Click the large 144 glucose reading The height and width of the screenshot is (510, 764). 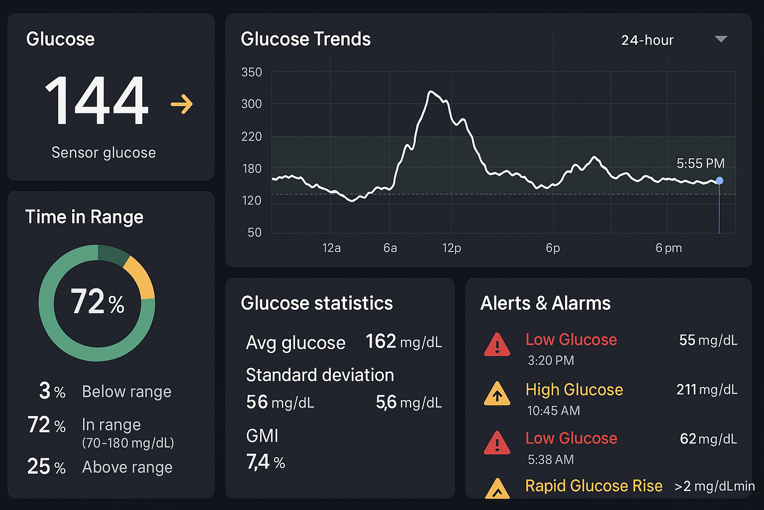coord(97,101)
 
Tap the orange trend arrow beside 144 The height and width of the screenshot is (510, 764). coord(182,104)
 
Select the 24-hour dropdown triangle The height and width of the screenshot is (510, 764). coord(721,39)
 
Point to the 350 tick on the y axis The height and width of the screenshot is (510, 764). coord(251,73)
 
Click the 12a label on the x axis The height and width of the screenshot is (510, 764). coord(331,248)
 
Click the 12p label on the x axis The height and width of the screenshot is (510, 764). coord(451,248)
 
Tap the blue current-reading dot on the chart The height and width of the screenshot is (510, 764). coord(719,181)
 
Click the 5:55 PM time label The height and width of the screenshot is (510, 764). coord(700,163)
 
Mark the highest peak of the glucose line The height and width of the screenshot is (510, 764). coord(430,92)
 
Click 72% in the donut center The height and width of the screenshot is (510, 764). coord(97,302)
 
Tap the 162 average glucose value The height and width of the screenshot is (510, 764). coord(381,342)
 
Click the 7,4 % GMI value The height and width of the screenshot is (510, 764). coord(265,462)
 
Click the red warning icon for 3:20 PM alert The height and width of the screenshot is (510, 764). coord(497,345)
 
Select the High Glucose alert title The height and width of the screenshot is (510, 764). coord(574,389)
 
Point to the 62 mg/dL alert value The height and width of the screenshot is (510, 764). coord(708,439)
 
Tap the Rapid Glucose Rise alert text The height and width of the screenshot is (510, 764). coord(593,486)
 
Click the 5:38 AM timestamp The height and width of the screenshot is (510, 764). coord(551,459)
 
